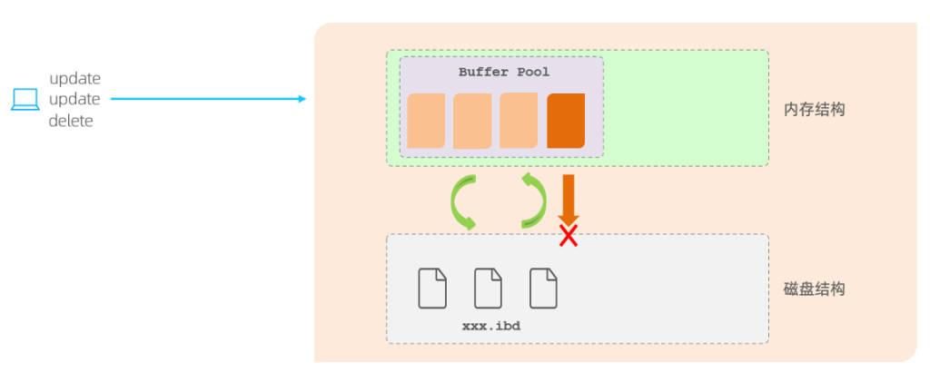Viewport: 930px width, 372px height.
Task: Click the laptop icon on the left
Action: coord(25,99)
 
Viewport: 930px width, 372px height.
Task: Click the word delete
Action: coord(71,121)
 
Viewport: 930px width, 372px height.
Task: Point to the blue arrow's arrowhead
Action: coord(302,99)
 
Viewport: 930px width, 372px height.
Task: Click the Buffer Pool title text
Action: coord(503,72)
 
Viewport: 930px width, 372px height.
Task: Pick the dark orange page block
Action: coord(566,120)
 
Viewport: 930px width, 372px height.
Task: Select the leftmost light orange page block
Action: coord(426,120)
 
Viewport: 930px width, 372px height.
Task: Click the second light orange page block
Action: coord(472,121)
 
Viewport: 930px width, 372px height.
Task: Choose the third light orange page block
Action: coord(519,120)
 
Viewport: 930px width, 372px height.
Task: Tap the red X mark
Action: coord(569,237)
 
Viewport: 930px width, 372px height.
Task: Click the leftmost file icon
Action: coord(432,288)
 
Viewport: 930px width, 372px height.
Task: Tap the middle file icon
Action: coord(488,288)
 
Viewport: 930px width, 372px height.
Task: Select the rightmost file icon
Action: coord(543,288)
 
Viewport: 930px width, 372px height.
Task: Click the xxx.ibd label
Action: coord(490,324)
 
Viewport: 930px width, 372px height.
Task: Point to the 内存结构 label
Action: coord(815,109)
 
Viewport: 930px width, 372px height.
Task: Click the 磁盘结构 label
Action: coord(815,289)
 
